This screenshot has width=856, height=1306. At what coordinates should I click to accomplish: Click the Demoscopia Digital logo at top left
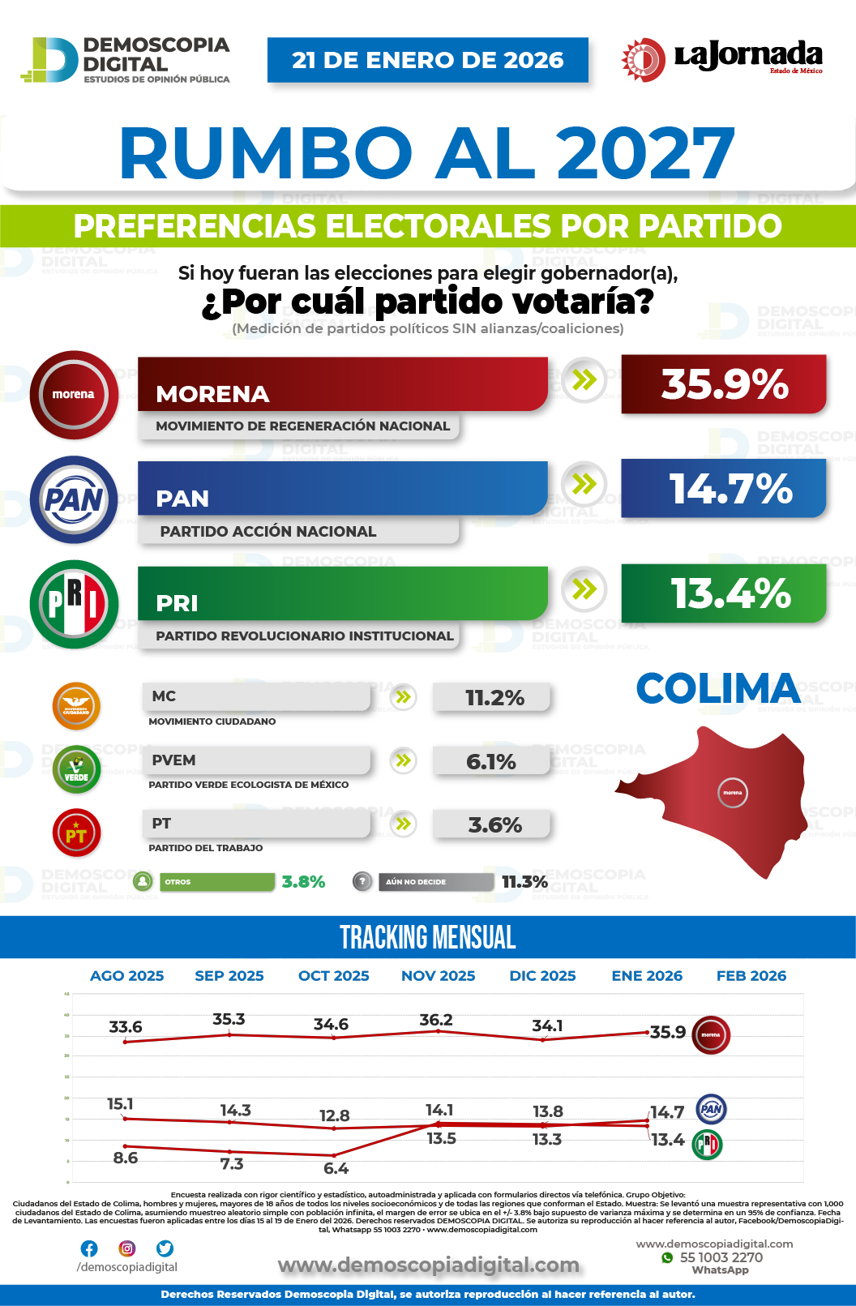126,59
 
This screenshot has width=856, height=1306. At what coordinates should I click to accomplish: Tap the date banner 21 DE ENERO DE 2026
427,60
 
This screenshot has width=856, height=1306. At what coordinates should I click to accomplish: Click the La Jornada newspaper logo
721,59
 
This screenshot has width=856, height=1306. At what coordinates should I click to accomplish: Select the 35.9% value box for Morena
723,384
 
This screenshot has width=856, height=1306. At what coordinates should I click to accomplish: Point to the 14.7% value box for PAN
723,489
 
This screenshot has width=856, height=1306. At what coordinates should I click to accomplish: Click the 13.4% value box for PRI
723,593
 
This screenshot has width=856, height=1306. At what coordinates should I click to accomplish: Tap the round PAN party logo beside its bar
74,499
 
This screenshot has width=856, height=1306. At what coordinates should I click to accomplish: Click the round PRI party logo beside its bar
74,604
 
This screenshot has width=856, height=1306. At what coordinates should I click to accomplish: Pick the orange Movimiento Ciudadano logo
76,706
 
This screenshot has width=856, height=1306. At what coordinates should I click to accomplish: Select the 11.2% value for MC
493,698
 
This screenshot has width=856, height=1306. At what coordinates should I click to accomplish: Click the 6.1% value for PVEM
491,762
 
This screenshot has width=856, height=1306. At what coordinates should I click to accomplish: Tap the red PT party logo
76,833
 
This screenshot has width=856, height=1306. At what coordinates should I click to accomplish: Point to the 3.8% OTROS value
303,882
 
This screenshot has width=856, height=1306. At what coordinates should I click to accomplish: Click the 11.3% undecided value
524,882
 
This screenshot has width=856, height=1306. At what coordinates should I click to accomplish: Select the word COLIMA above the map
718,689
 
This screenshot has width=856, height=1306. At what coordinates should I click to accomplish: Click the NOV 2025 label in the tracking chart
438,976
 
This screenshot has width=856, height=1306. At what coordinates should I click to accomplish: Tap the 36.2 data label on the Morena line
436,1020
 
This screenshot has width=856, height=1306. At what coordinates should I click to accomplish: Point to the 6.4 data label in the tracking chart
336,1168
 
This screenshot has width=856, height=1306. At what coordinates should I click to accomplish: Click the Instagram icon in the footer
127,1248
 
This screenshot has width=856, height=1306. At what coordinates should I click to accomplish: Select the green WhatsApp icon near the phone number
667,1257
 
